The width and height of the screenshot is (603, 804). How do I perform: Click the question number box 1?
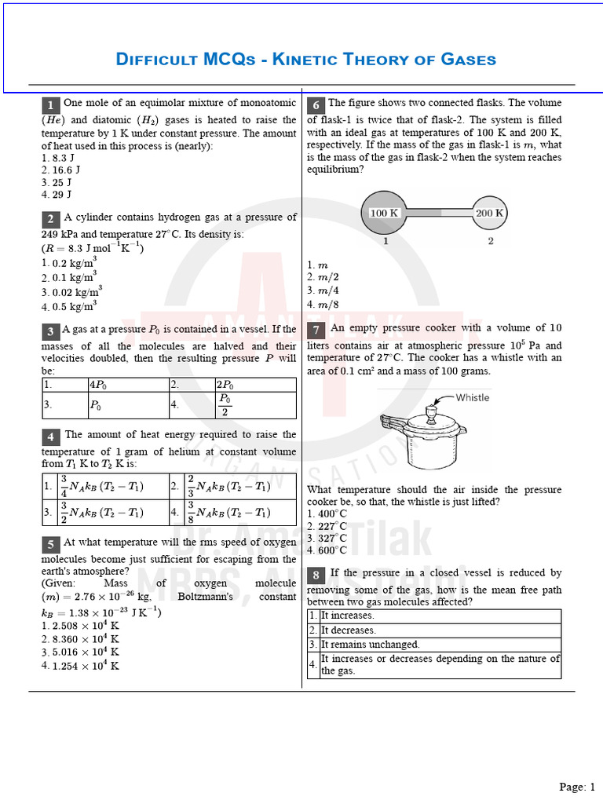(x=50, y=105)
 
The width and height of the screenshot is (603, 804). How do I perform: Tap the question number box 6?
(x=316, y=105)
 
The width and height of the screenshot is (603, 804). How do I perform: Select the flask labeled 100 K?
(x=384, y=213)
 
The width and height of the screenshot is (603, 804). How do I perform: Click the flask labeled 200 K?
(x=490, y=213)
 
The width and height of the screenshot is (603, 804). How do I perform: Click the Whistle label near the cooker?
(x=472, y=397)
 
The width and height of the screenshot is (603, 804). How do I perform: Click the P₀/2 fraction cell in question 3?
(x=225, y=405)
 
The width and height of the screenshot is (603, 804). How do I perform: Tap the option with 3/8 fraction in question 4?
(x=228, y=513)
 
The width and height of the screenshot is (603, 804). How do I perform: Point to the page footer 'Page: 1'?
(x=577, y=787)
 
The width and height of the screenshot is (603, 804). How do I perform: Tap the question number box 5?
(x=50, y=545)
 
